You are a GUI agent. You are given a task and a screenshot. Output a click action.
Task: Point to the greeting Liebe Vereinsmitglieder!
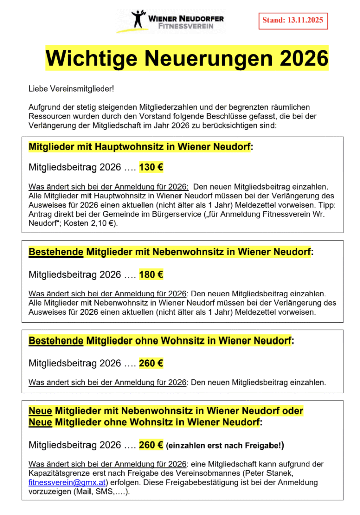(71, 89)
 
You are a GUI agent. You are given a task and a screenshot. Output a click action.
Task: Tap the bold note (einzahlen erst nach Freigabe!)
(225, 445)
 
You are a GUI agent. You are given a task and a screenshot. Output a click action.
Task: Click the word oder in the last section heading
(292, 411)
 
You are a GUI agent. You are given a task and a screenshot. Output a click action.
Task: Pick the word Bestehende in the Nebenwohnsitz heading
(56, 251)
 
